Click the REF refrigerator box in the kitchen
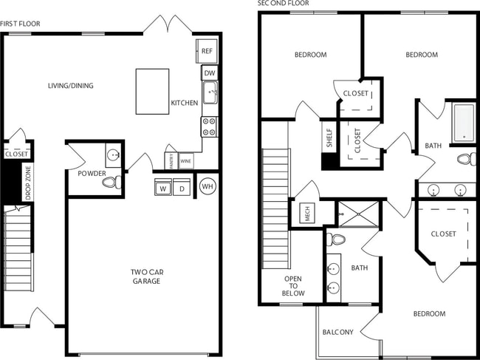[x=206, y=52]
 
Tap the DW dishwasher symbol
[x=210, y=73]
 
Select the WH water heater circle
[x=208, y=186]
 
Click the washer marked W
[x=162, y=189]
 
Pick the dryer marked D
[x=182, y=189]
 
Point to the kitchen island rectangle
[x=152, y=91]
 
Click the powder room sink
[x=113, y=154]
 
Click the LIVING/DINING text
[x=71, y=86]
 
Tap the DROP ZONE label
[x=28, y=182]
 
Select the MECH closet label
[x=306, y=214]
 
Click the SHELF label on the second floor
[x=329, y=138]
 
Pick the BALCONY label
[x=337, y=332]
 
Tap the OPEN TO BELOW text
[x=293, y=285]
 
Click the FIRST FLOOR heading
[x=20, y=24]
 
